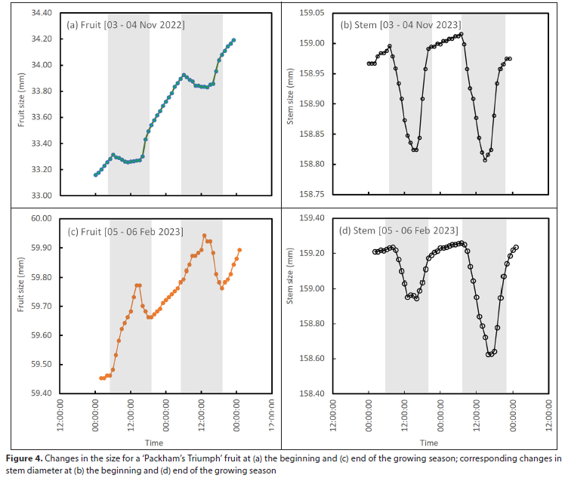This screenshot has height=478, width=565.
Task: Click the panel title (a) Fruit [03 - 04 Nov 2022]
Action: [x=126, y=25]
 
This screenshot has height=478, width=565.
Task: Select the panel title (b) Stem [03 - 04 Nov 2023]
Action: [x=400, y=25]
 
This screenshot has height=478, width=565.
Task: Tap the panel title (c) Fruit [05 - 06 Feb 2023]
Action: [x=125, y=231]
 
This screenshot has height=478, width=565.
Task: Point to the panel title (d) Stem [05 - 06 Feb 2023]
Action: [x=400, y=231]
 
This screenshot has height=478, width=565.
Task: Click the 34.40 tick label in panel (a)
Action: [x=39, y=14]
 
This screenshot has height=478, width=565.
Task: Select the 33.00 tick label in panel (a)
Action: [x=39, y=196]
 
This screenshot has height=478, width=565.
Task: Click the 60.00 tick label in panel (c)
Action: [x=39, y=219]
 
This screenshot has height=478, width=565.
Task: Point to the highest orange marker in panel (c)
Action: [x=204, y=236]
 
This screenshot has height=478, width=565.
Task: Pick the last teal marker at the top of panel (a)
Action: [x=234, y=40]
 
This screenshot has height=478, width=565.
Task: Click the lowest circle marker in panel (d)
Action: [x=489, y=354]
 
